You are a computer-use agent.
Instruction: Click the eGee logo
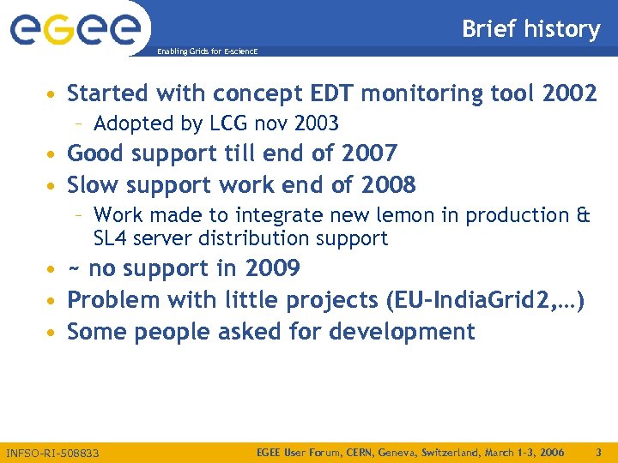75,28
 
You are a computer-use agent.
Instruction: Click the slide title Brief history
530,29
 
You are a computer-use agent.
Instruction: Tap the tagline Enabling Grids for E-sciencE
206,52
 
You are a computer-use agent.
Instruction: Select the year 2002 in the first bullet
569,93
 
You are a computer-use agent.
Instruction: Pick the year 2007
369,154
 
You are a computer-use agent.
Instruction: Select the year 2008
388,185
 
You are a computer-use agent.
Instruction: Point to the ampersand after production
583,215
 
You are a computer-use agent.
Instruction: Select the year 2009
272,269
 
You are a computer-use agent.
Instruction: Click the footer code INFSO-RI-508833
52,453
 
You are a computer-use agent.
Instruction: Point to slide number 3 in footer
598,452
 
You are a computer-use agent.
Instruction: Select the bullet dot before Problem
53,301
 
